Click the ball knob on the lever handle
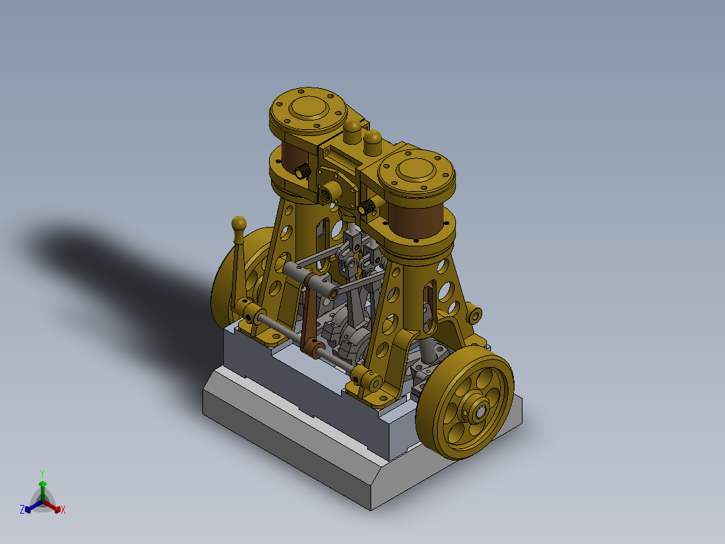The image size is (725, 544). [x=238, y=223]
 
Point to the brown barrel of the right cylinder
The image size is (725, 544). [x=415, y=222]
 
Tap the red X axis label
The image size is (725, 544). [x=63, y=510]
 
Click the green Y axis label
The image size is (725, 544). [x=42, y=473]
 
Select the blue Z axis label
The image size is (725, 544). [x=22, y=510]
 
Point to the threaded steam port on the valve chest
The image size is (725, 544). [x=329, y=191]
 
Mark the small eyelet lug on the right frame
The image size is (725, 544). [x=475, y=314]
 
